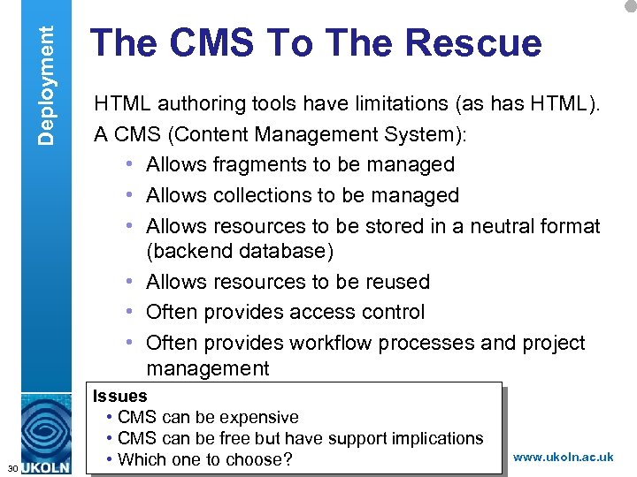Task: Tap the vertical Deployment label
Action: (x=49, y=72)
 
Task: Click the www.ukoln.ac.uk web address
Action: (x=563, y=457)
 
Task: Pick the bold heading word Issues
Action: (x=119, y=397)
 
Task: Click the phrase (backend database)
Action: (x=240, y=251)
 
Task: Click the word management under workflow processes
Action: (x=208, y=367)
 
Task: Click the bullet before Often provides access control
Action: (x=129, y=312)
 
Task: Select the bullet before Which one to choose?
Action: (x=108, y=459)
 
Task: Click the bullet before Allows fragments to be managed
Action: (x=129, y=164)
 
